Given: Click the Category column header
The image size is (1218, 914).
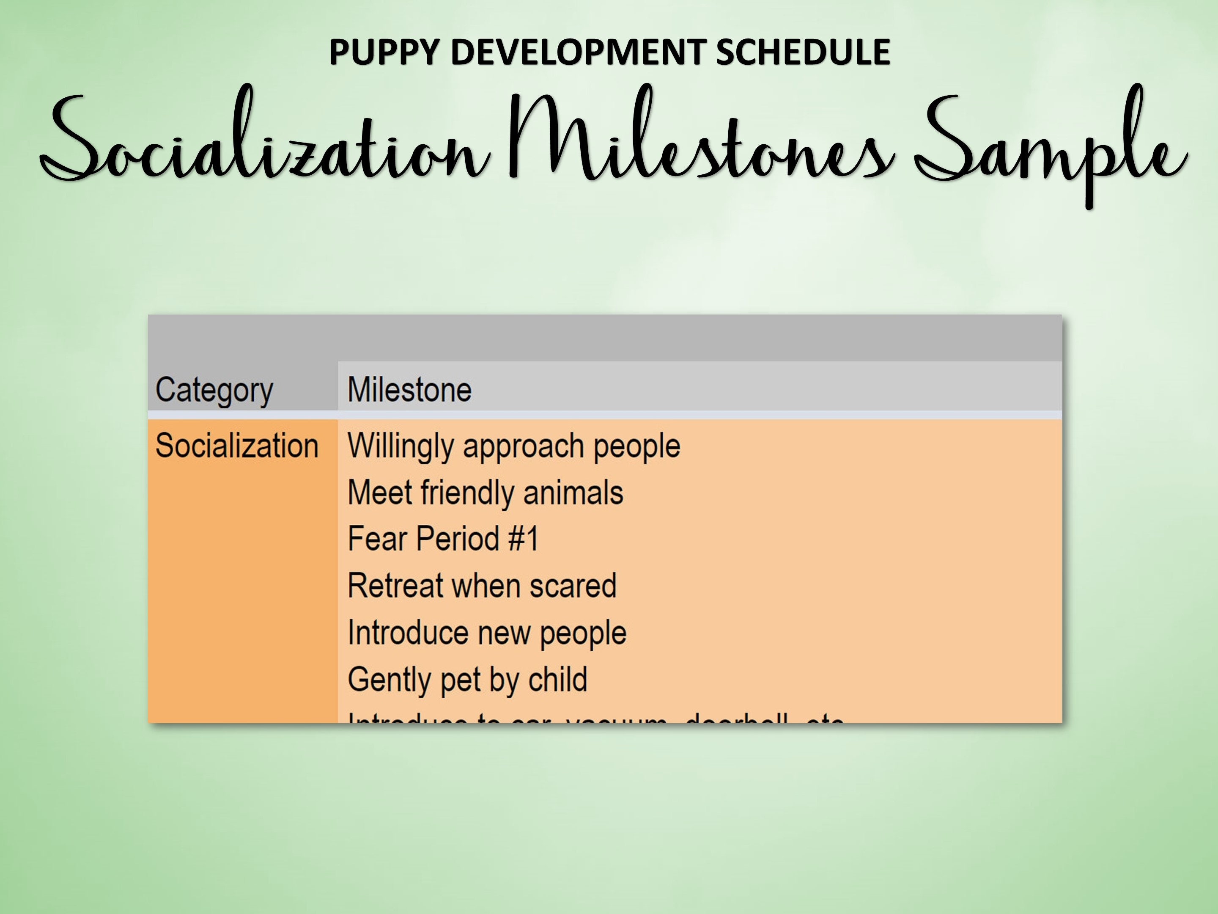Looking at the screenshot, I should [214, 390].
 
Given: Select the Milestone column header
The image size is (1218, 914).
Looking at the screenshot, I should [410, 390].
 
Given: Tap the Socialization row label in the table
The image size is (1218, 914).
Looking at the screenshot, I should [237, 445].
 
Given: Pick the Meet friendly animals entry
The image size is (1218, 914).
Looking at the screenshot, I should [485, 492].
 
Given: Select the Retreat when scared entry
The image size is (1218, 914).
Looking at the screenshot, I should [482, 585].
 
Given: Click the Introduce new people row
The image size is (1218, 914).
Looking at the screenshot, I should [487, 633].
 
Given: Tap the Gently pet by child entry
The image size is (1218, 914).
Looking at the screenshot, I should [467, 679].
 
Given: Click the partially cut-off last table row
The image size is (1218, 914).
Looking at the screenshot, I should [595, 718].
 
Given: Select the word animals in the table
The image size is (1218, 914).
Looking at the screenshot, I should [573, 492].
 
